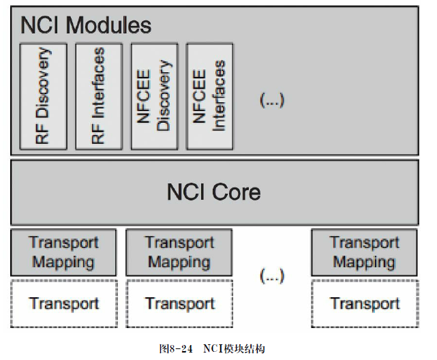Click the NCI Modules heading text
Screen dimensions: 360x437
click(x=86, y=26)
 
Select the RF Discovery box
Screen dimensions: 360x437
click(x=44, y=96)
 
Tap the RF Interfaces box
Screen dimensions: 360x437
click(x=99, y=96)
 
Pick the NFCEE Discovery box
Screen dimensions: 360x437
click(x=154, y=96)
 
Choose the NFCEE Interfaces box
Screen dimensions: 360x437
click(x=209, y=96)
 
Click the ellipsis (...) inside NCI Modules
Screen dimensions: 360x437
click(x=272, y=100)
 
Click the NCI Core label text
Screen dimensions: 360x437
click(x=213, y=192)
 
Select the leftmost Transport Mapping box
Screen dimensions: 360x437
click(x=64, y=252)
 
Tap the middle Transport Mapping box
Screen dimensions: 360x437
click(x=179, y=252)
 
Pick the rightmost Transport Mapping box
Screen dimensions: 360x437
click(x=365, y=252)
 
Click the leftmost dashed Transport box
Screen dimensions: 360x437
click(x=64, y=303)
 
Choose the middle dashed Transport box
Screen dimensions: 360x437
click(x=179, y=303)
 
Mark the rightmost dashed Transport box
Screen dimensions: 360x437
click(x=365, y=303)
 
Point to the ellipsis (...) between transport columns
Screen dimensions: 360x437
click(x=272, y=276)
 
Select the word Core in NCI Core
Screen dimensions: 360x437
click(x=235, y=192)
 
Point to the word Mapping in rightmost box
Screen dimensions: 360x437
click(x=365, y=262)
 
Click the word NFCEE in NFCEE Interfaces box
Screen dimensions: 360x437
click(x=200, y=96)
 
